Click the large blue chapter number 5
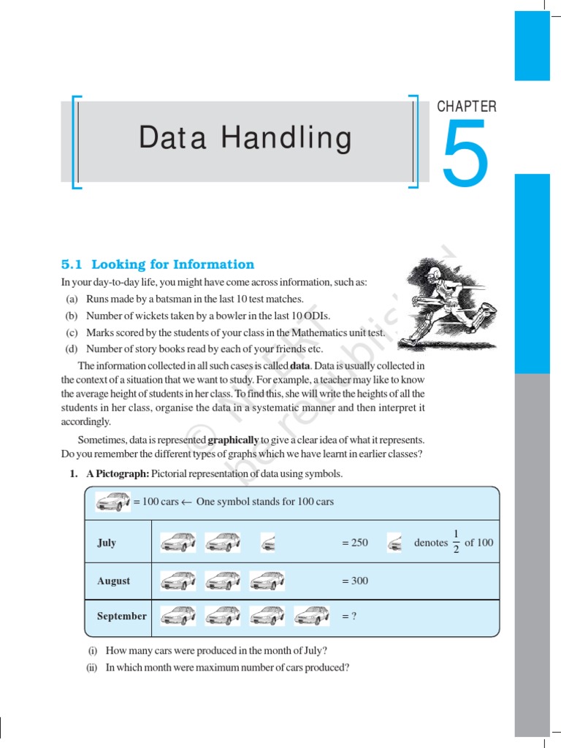point(464,153)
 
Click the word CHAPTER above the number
point(467,107)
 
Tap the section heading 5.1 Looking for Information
point(158,264)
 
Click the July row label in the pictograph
point(107,543)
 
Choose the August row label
point(113,581)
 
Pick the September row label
point(121,616)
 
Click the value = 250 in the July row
point(354,543)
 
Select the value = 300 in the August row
point(354,581)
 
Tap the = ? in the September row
point(348,616)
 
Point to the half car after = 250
point(394,543)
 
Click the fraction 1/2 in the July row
point(456,542)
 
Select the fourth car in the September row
point(312,616)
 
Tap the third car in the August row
point(267,581)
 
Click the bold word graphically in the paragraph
point(233,440)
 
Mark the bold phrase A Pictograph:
point(118,474)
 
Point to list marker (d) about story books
point(72,348)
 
